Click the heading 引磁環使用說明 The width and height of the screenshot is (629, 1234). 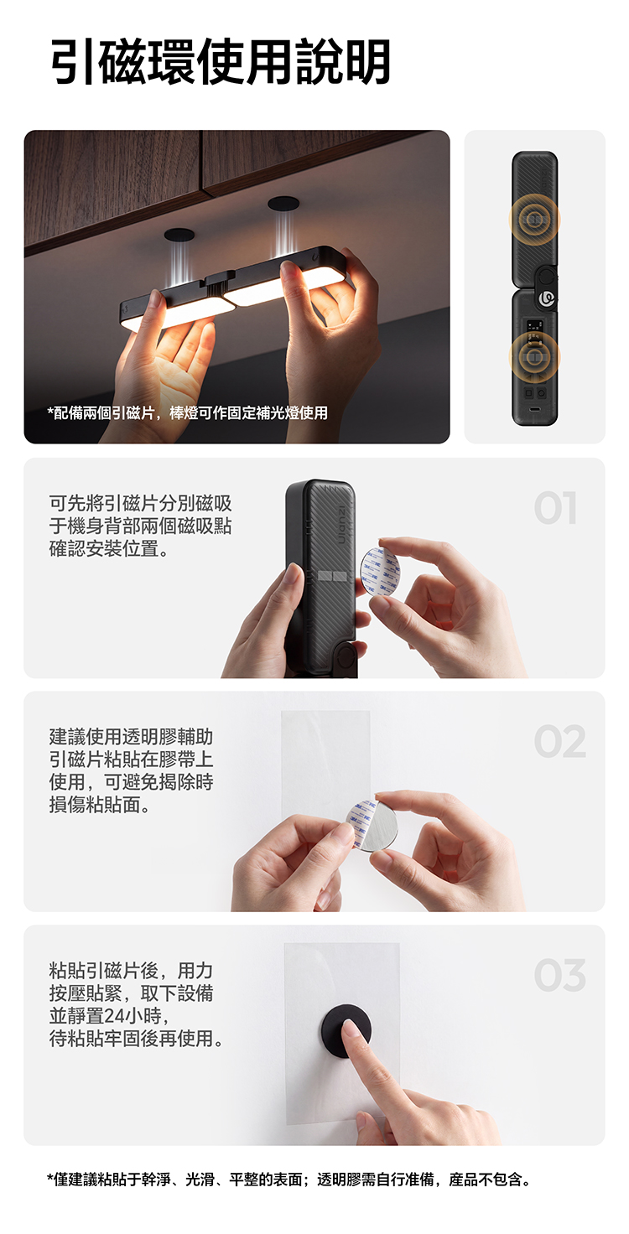point(221,62)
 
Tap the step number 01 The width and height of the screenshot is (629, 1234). point(556,508)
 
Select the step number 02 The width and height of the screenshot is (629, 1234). point(559,741)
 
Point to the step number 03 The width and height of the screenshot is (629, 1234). point(559,975)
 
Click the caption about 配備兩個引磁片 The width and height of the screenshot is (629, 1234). point(187,412)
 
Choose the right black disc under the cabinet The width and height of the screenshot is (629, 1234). point(283,203)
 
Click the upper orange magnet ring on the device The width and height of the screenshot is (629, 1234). point(534,220)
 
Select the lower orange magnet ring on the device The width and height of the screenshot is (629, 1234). point(534,357)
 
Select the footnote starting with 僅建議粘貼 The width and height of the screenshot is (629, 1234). point(289,1180)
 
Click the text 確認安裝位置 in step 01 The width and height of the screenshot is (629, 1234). point(109,549)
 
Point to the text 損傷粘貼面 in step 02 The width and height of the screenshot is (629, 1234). point(99,805)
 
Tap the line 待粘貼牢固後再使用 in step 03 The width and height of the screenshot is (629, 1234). point(136,1039)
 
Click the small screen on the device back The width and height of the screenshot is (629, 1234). point(534,325)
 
